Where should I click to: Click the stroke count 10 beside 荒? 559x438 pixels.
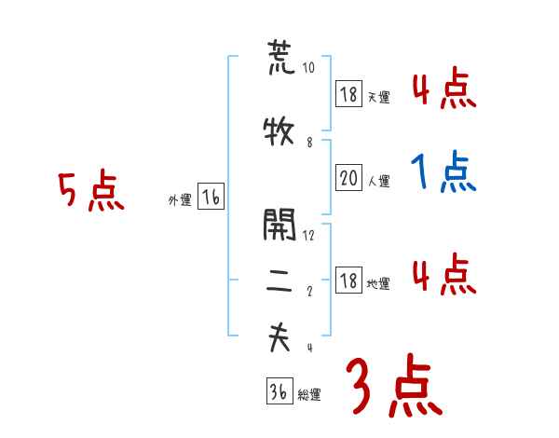pyautogui.click(x=309, y=68)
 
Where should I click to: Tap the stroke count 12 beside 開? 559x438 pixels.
pyautogui.click(x=309, y=235)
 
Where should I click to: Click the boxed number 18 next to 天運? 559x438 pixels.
pyautogui.click(x=348, y=93)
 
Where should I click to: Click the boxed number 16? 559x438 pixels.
pyautogui.click(x=211, y=197)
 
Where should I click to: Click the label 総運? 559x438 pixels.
pyautogui.click(x=308, y=394)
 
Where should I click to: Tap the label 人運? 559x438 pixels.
pyautogui.click(x=378, y=182)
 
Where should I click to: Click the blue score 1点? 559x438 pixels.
pyautogui.click(x=443, y=172)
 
